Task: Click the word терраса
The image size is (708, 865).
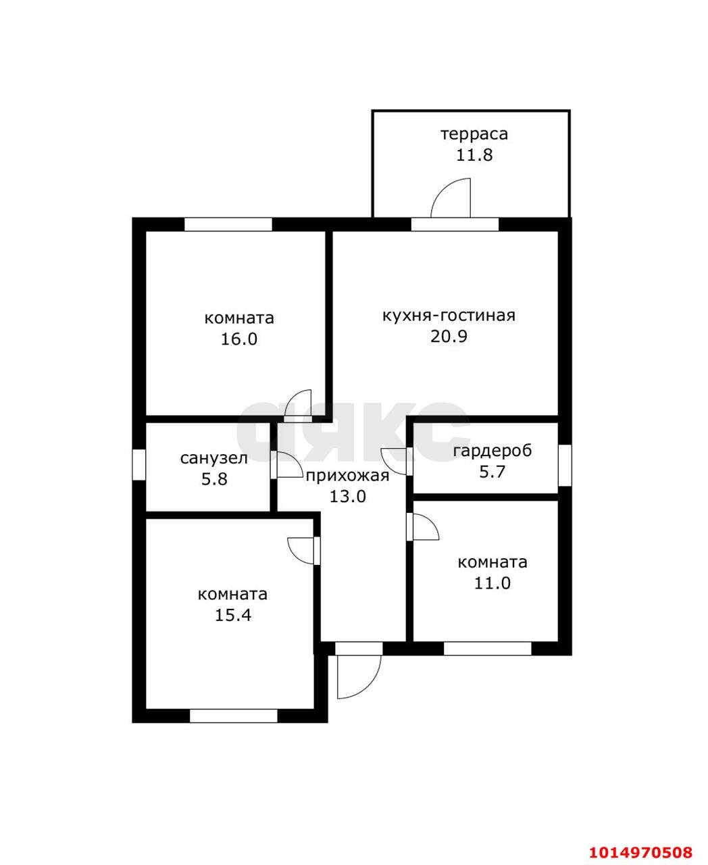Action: pos(474,134)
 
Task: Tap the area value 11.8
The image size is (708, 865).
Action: pos(474,155)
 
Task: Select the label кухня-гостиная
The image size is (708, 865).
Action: pos(449,316)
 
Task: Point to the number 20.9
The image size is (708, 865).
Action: pos(449,337)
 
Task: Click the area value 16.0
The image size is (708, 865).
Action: pos(239,339)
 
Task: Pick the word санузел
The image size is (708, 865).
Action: pos(213,458)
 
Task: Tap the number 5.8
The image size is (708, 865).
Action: pos(214,479)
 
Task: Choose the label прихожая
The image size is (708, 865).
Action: pos(347,476)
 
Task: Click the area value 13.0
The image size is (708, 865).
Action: pos(348,497)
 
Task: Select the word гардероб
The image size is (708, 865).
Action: pos(492,451)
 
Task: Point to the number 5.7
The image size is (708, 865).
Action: pos(492,472)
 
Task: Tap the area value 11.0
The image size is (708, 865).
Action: pos(492,583)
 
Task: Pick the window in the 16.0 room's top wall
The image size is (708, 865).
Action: pos(228,224)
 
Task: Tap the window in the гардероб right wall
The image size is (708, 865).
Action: pos(565,465)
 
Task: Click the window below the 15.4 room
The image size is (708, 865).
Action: pos(234,716)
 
